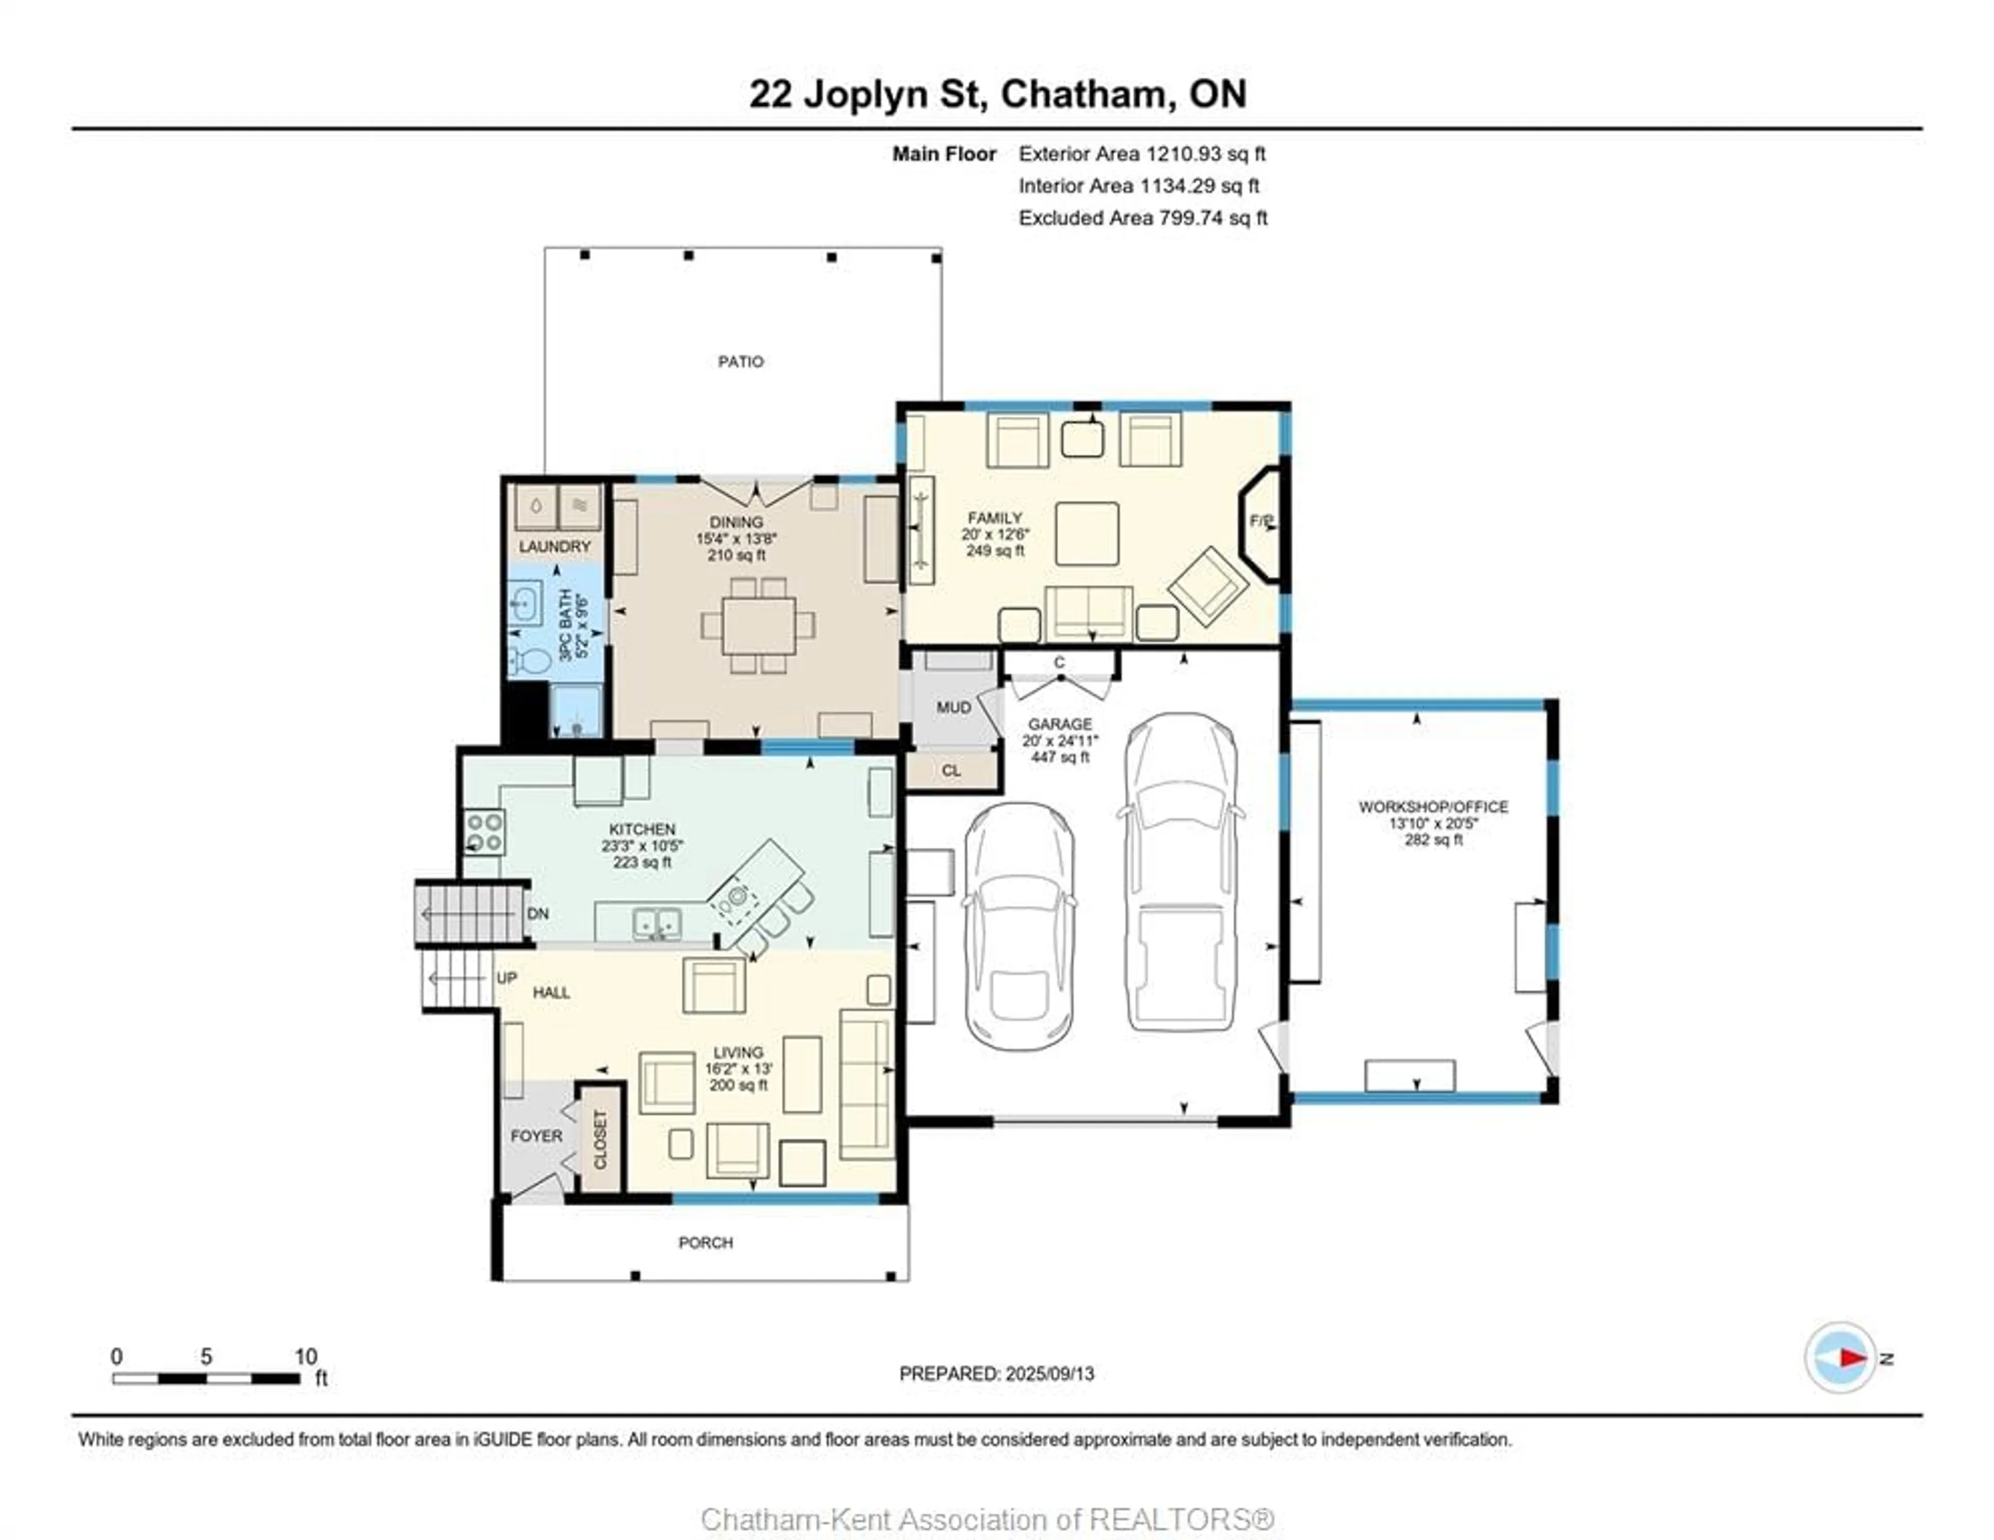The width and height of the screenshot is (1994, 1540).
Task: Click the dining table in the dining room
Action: pyautogui.click(x=758, y=625)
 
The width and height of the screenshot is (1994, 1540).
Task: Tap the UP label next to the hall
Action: pyautogui.click(x=507, y=978)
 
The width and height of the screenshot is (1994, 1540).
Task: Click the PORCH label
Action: pyautogui.click(x=706, y=1243)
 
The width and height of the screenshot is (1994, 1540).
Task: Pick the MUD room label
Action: pyautogui.click(x=953, y=707)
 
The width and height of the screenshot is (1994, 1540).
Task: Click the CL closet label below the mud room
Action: pyautogui.click(x=951, y=770)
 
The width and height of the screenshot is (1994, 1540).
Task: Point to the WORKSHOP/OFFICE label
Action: pyautogui.click(x=1433, y=807)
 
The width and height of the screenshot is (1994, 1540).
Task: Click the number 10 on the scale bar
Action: pyautogui.click(x=306, y=1356)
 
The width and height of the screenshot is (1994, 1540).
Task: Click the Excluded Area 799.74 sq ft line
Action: pyautogui.click(x=1143, y=218)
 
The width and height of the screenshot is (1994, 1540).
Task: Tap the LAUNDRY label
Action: pyautogui.click(x=555, y=546)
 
